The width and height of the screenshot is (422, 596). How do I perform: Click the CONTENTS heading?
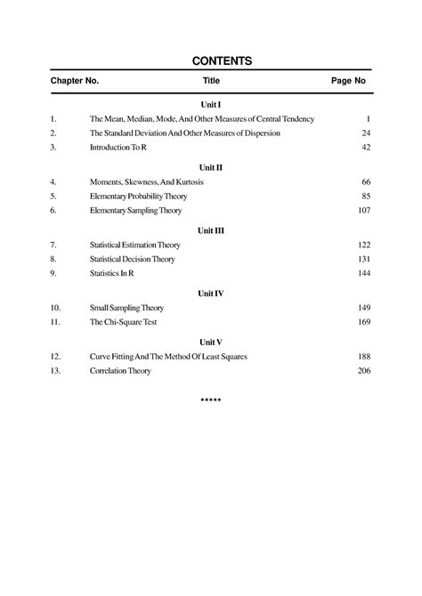[210, 60]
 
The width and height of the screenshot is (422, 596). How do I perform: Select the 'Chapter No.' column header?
[75, 81]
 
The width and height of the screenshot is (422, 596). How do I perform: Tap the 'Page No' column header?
[348, 81]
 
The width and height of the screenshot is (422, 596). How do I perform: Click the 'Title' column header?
[211, 81]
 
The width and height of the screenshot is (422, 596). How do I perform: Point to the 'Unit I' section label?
[211, 104]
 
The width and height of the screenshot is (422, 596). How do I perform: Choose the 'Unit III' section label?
[211, 230]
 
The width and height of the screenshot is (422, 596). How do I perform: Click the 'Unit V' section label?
[211, 342]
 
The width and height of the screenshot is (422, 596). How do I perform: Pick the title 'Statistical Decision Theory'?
[133, 259]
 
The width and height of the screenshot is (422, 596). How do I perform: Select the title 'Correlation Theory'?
[120, 370]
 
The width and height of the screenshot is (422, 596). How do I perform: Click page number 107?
[363, 211]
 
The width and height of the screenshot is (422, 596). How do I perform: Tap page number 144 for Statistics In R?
[363, 273]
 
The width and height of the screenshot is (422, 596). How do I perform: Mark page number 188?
[363, 356]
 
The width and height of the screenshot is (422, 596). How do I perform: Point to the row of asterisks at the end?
[211, 399]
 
